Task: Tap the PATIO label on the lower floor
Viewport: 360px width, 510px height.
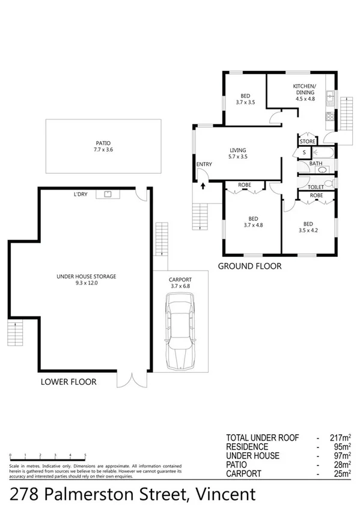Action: coord(103,143)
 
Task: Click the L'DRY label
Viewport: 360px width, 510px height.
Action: coord(81,194)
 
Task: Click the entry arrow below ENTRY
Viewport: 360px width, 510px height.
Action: coord(203,185)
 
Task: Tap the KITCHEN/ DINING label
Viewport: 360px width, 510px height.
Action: coord(304,90)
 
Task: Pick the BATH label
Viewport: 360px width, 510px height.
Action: coord(315,163)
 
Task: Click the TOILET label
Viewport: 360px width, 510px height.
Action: coord(316,186)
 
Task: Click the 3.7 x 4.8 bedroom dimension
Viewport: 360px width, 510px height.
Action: coord(253,225)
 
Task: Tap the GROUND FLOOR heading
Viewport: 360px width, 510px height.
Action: coord(249,266)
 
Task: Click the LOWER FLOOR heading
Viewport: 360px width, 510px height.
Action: coord(68,381)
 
